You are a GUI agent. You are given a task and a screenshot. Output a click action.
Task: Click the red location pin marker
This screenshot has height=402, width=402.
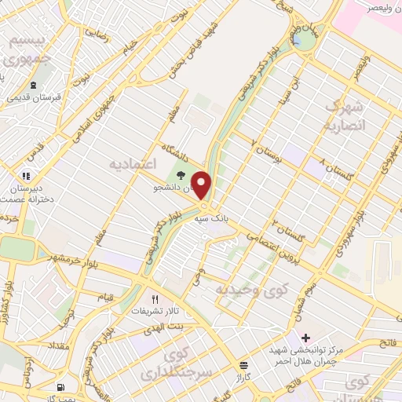pyautogui.click(x=202, y=185)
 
